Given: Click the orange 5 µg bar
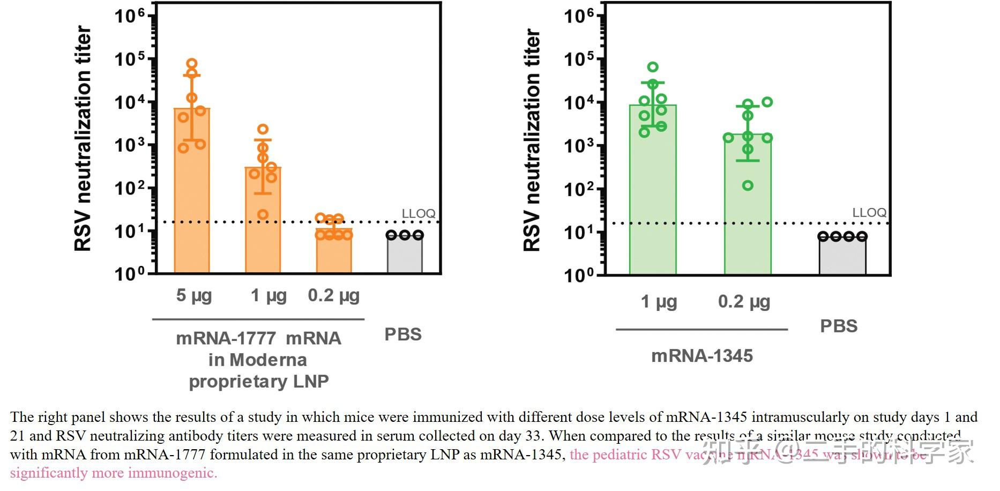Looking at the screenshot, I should point(192,214).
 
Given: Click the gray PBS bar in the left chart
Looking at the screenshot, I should point(405,255).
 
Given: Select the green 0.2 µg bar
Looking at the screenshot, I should point(748,225).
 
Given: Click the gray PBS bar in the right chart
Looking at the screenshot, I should point(842,256).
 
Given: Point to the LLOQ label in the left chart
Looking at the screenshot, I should point(419,213).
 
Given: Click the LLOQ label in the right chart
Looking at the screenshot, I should point(869,212).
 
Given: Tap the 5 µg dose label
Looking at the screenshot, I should point(194,295).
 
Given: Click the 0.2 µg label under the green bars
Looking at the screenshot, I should point(744,302).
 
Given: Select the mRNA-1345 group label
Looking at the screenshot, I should point(702,356).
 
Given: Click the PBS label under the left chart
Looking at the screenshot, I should point(403,334).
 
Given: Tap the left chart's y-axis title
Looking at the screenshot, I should point(83,138).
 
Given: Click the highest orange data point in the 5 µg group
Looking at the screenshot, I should point(192,64).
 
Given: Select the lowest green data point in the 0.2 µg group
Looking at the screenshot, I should point(748,185).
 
